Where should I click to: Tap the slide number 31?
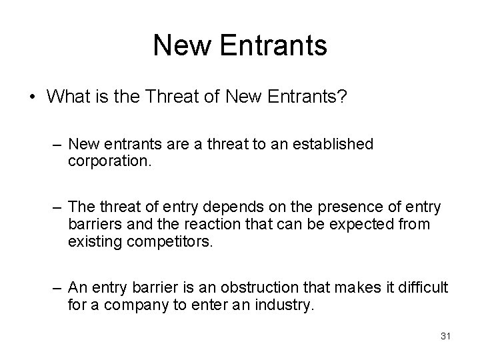pos(446,336)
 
